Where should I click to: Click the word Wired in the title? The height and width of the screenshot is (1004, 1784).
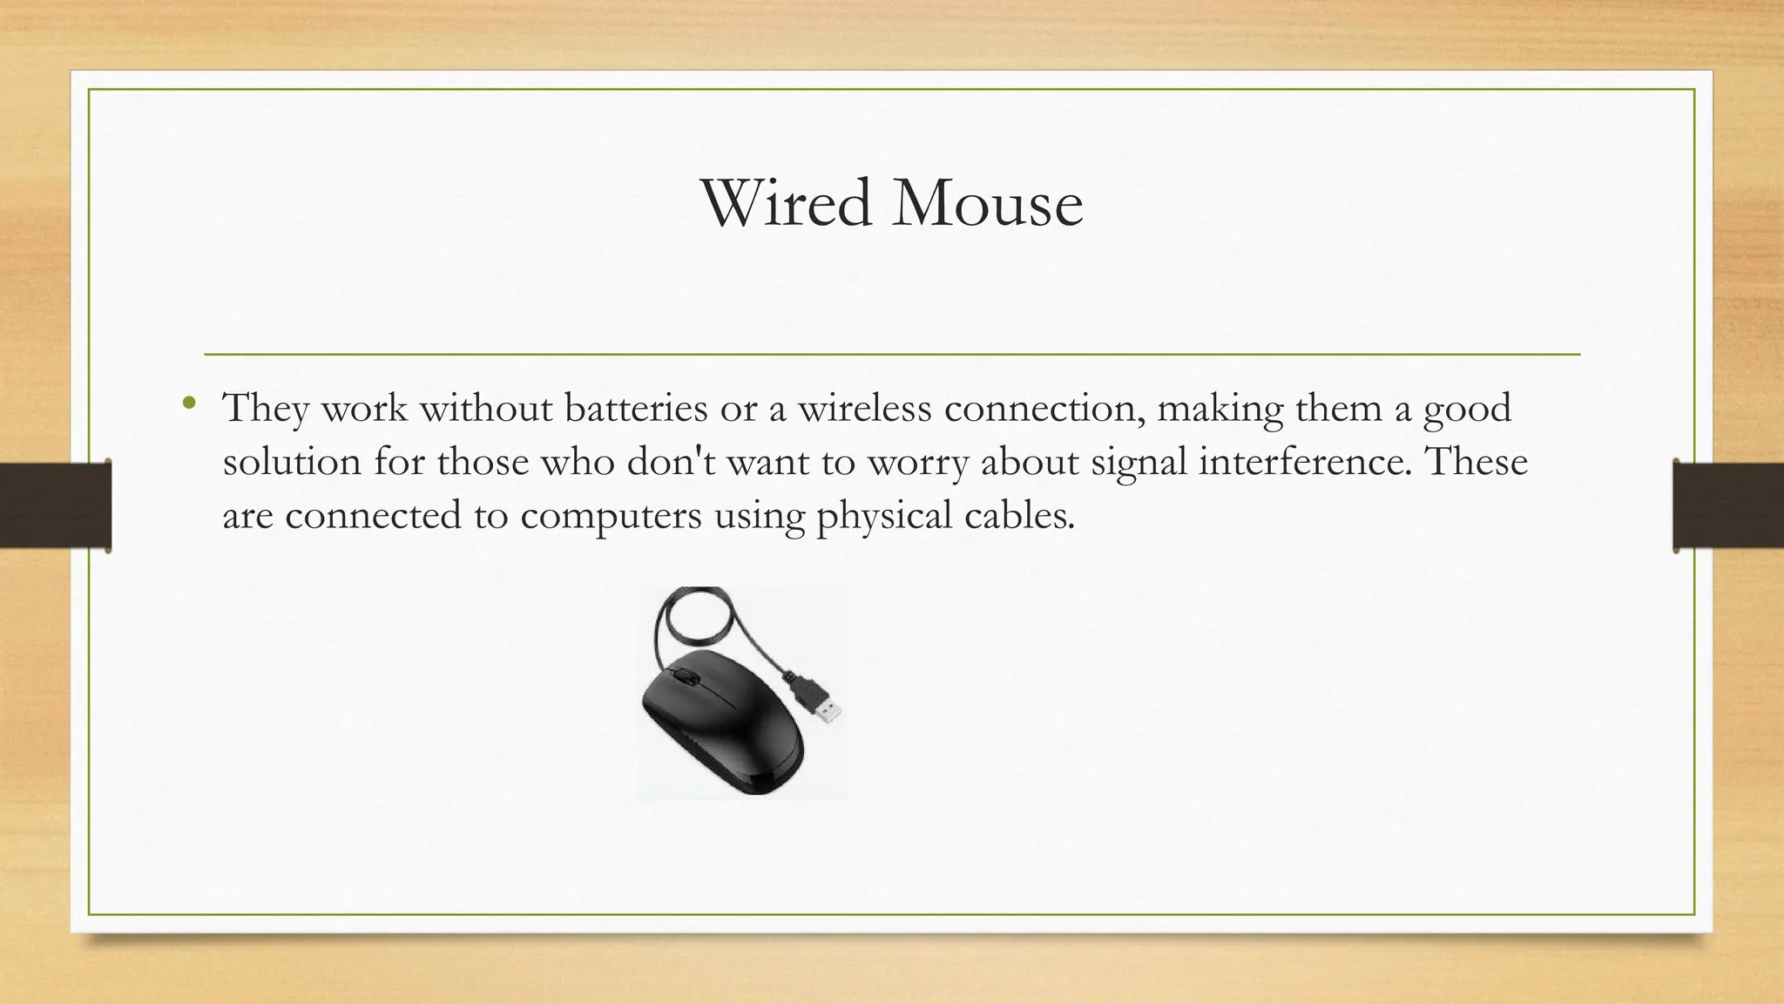tap(787, 203)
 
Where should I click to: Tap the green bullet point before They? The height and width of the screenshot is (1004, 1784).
tap(189, 404)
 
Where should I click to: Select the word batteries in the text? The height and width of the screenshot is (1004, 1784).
tap(636, 408)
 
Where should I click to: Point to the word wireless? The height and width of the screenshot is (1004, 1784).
tap(864, 408)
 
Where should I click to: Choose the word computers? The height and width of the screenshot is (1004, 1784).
tap(611, 516)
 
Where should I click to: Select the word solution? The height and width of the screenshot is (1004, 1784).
tap(292, 461)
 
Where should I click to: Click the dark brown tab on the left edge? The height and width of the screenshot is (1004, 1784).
tap(55, 505)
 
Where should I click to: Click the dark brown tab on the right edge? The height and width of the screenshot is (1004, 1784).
tap(1728, 505)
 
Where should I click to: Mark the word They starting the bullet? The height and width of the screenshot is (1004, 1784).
tap(266, 408)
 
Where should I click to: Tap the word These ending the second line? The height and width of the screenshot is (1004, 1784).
tap(1476, 461)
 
